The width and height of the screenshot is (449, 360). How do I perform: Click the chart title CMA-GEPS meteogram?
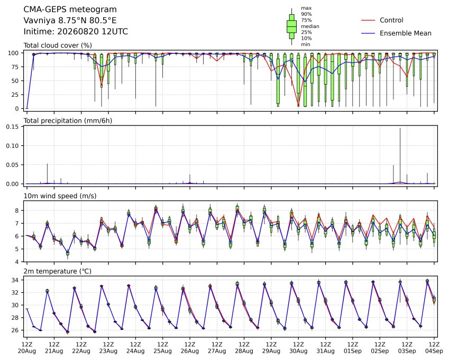[70, 10]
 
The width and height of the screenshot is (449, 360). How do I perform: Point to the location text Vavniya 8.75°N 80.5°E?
[70, 21]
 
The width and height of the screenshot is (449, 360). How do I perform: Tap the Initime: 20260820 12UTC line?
[76, 32]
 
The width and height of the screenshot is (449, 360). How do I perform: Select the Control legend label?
[391, 20]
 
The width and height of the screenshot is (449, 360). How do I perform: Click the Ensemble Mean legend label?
[406, 33]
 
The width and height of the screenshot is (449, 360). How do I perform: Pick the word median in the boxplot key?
[310, 26]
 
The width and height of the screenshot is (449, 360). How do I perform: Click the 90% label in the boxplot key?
[306, 14]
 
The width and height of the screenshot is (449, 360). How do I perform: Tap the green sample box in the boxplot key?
[292, 26]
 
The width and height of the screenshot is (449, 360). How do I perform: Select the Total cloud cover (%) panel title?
[58, 45]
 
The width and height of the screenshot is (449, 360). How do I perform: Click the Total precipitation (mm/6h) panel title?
[68, 121]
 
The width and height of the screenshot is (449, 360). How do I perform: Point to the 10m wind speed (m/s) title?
[60, 196]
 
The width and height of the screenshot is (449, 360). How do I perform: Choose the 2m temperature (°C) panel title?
[57, 271]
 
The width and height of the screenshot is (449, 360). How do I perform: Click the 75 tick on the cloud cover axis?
[15, 67]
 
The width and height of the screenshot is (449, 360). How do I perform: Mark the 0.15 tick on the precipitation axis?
[13, 127]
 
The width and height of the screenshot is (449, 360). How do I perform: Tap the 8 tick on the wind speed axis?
[17, 210]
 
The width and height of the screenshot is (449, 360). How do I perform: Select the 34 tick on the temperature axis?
[15, 280]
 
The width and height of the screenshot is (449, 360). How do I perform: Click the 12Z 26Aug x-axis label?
[189, 347]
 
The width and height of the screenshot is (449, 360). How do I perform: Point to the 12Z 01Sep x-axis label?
[353, 347]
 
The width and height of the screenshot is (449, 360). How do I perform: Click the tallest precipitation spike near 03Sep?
[400, 155]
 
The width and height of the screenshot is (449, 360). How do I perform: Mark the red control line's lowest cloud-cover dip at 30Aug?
[298, 106]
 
